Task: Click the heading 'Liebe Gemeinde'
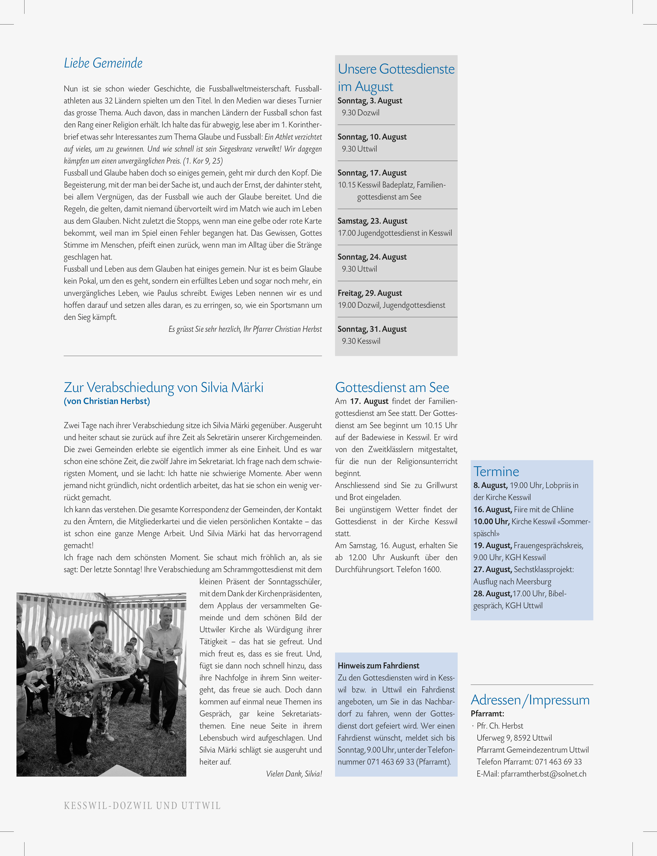[103, 63]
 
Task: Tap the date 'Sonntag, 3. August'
[369, 101]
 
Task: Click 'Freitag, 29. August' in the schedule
[369, 293]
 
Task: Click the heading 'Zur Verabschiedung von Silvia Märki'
[163, 387]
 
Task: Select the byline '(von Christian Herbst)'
[107, 401]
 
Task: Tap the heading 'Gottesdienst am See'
[392, 387]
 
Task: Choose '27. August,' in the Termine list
[492, 569]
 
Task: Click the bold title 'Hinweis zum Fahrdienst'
[378, 666]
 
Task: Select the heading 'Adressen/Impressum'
[530, 700]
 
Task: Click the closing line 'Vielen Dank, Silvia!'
[294, 774]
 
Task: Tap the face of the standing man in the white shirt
[166, 617]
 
